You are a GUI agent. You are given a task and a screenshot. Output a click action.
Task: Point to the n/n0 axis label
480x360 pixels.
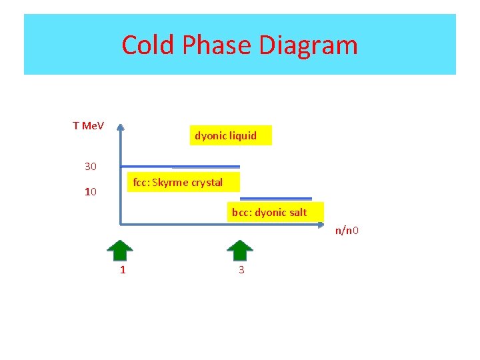(347, 231)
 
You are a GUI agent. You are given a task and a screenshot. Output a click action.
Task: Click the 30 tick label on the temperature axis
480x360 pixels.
(90, 166)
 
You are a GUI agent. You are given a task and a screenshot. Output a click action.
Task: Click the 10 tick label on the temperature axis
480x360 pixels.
(91, 192)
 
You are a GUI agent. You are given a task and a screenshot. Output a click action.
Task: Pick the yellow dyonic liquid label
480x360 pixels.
(225, 135)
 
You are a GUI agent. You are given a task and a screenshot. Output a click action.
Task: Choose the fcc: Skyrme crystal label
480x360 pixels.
(178, 183)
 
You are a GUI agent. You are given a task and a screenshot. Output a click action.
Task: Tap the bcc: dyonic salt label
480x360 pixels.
(269, 213)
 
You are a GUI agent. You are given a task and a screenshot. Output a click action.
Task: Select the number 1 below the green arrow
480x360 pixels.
(122, 270)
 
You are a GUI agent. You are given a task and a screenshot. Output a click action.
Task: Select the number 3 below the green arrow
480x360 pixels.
(241, 270)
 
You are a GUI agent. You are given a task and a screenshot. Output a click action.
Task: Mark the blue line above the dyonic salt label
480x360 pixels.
(276, 199)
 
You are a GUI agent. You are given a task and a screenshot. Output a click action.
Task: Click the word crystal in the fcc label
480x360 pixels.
(207, 183)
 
